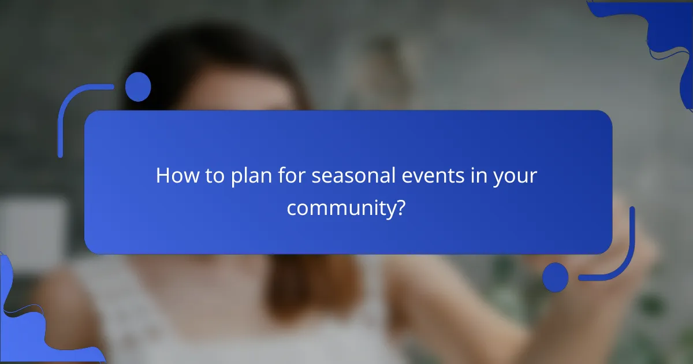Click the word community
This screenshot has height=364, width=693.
click(340, 208)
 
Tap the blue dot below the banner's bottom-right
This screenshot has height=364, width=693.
click(556, 277)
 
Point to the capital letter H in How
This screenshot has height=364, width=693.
click(162, 176)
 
